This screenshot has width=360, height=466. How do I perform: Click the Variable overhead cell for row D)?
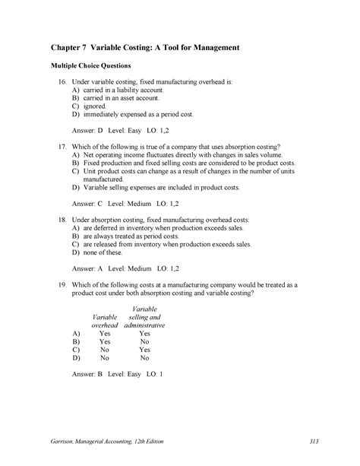pos(105,357)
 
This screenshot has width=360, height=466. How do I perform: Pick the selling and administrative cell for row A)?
pos(144,333)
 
